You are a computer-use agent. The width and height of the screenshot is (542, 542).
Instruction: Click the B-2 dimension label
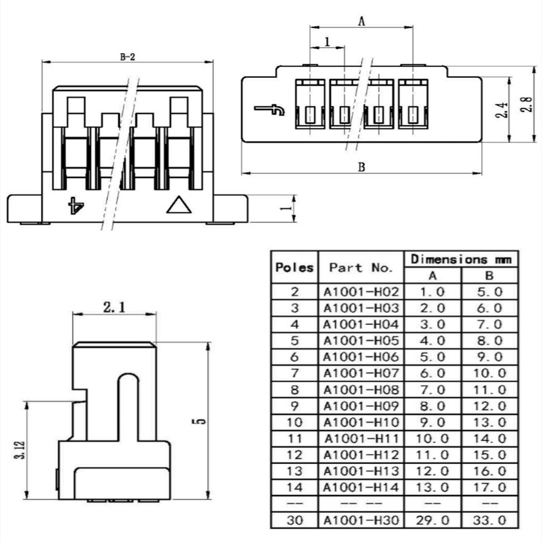pos(127,57)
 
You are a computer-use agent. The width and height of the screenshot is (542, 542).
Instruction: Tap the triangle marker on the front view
pos(179,205)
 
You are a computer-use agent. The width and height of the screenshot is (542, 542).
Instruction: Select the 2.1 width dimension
pos(114,307)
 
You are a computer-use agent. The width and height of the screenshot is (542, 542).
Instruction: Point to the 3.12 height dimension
pos(20,450)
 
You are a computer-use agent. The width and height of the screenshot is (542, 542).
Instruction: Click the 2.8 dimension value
pos(526,104)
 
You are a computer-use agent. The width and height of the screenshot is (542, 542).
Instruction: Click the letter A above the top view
pos(362,22)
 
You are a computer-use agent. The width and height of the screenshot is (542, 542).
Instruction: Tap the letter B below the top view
pos(362,167)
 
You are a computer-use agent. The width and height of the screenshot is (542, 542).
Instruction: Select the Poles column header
pos(295,267)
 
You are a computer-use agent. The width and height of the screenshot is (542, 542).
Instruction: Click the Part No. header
pos(361,267)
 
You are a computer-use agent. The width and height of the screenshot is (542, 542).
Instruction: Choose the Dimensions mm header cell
pos(461,259)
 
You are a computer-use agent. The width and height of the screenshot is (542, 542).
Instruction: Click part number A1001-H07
pos(361,373)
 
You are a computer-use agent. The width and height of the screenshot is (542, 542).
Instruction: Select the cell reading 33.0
pos(489,520)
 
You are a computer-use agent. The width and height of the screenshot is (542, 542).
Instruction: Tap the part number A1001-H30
pos(361,520)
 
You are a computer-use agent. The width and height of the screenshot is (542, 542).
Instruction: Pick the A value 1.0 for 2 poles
pos(432,292)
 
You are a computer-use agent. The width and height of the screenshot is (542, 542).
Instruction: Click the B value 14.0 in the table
pos(489,438)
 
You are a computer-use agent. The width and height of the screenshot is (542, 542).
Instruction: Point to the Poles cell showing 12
pos(295,455)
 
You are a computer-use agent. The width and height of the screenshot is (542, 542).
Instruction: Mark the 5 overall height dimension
pos(201,421)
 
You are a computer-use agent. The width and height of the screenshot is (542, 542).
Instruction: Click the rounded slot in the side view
pos(128,406)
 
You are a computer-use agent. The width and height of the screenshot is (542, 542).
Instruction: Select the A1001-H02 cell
pos(361,292)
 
